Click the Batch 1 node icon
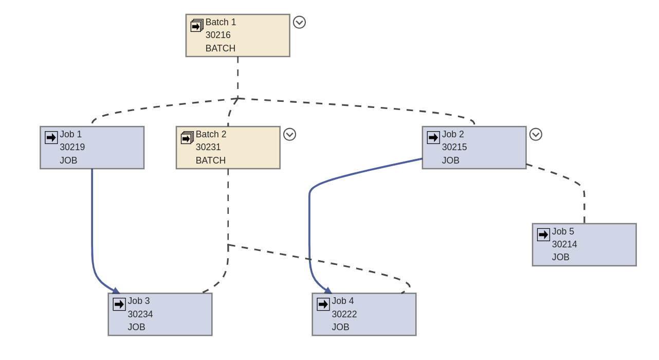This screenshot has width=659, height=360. click(x=197, y=26)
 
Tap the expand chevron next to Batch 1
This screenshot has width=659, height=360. click(x=299, y=22)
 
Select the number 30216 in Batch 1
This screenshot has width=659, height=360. click(x=218, y=35)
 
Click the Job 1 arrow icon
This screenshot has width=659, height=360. click(x=51, y=137)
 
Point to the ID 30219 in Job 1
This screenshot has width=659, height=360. click(x=72, y=147)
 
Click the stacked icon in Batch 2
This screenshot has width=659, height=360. click(x=187, y=138)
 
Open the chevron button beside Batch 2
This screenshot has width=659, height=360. click(x=289, y=134)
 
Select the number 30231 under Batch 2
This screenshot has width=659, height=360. click(x=208, y=147)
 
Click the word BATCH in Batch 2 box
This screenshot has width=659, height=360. click(x=210, y=160)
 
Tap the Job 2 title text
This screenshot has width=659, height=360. click(x=452, y=134)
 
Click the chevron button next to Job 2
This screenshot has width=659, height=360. click(x=536, y=134)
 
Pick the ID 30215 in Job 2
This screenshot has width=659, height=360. click(x=454, y=147)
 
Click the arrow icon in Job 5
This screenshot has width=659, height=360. click(x=543, y=235)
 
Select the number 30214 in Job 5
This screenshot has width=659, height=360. click(x=564, y=244)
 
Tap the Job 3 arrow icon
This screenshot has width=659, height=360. click(x=119, y=304)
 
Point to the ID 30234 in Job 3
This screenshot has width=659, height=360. click(x=140, y=314)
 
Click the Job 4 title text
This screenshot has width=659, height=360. click(x=342, y=301)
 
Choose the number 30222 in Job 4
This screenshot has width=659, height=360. click(x=344, y=314)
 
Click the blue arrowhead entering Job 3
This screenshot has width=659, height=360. click(x=116, y=291)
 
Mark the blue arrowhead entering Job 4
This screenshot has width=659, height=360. click(x=328, y=291)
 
